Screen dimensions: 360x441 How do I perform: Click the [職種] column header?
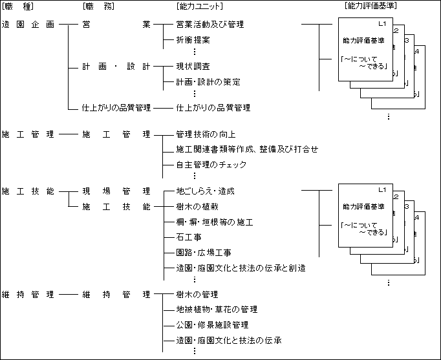click(18, 6)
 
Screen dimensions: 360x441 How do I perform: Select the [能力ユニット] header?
click(199, 6)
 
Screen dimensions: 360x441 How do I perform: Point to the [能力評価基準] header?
click(371, 6)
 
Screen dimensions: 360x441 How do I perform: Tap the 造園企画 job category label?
click(28, 25)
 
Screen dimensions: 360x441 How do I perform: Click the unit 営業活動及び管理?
click(210, 25)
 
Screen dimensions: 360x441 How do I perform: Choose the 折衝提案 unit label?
click(193, 40)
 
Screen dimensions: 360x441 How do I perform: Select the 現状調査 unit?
click(193, 67)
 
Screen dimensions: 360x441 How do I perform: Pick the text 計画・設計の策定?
click(208, 82)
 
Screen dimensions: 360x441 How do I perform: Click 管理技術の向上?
click(206, 134)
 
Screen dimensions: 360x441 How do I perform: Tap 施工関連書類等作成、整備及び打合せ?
click(247, 149)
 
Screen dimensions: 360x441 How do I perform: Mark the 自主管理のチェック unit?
click(211, 165)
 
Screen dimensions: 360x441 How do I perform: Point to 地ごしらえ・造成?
click(205, 191)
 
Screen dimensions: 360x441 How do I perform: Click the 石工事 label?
click(188, 237)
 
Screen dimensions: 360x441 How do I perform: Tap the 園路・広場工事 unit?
click(204, 253)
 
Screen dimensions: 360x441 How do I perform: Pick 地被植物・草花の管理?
click(217, 310)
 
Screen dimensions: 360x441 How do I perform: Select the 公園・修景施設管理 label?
click(212, 325)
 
